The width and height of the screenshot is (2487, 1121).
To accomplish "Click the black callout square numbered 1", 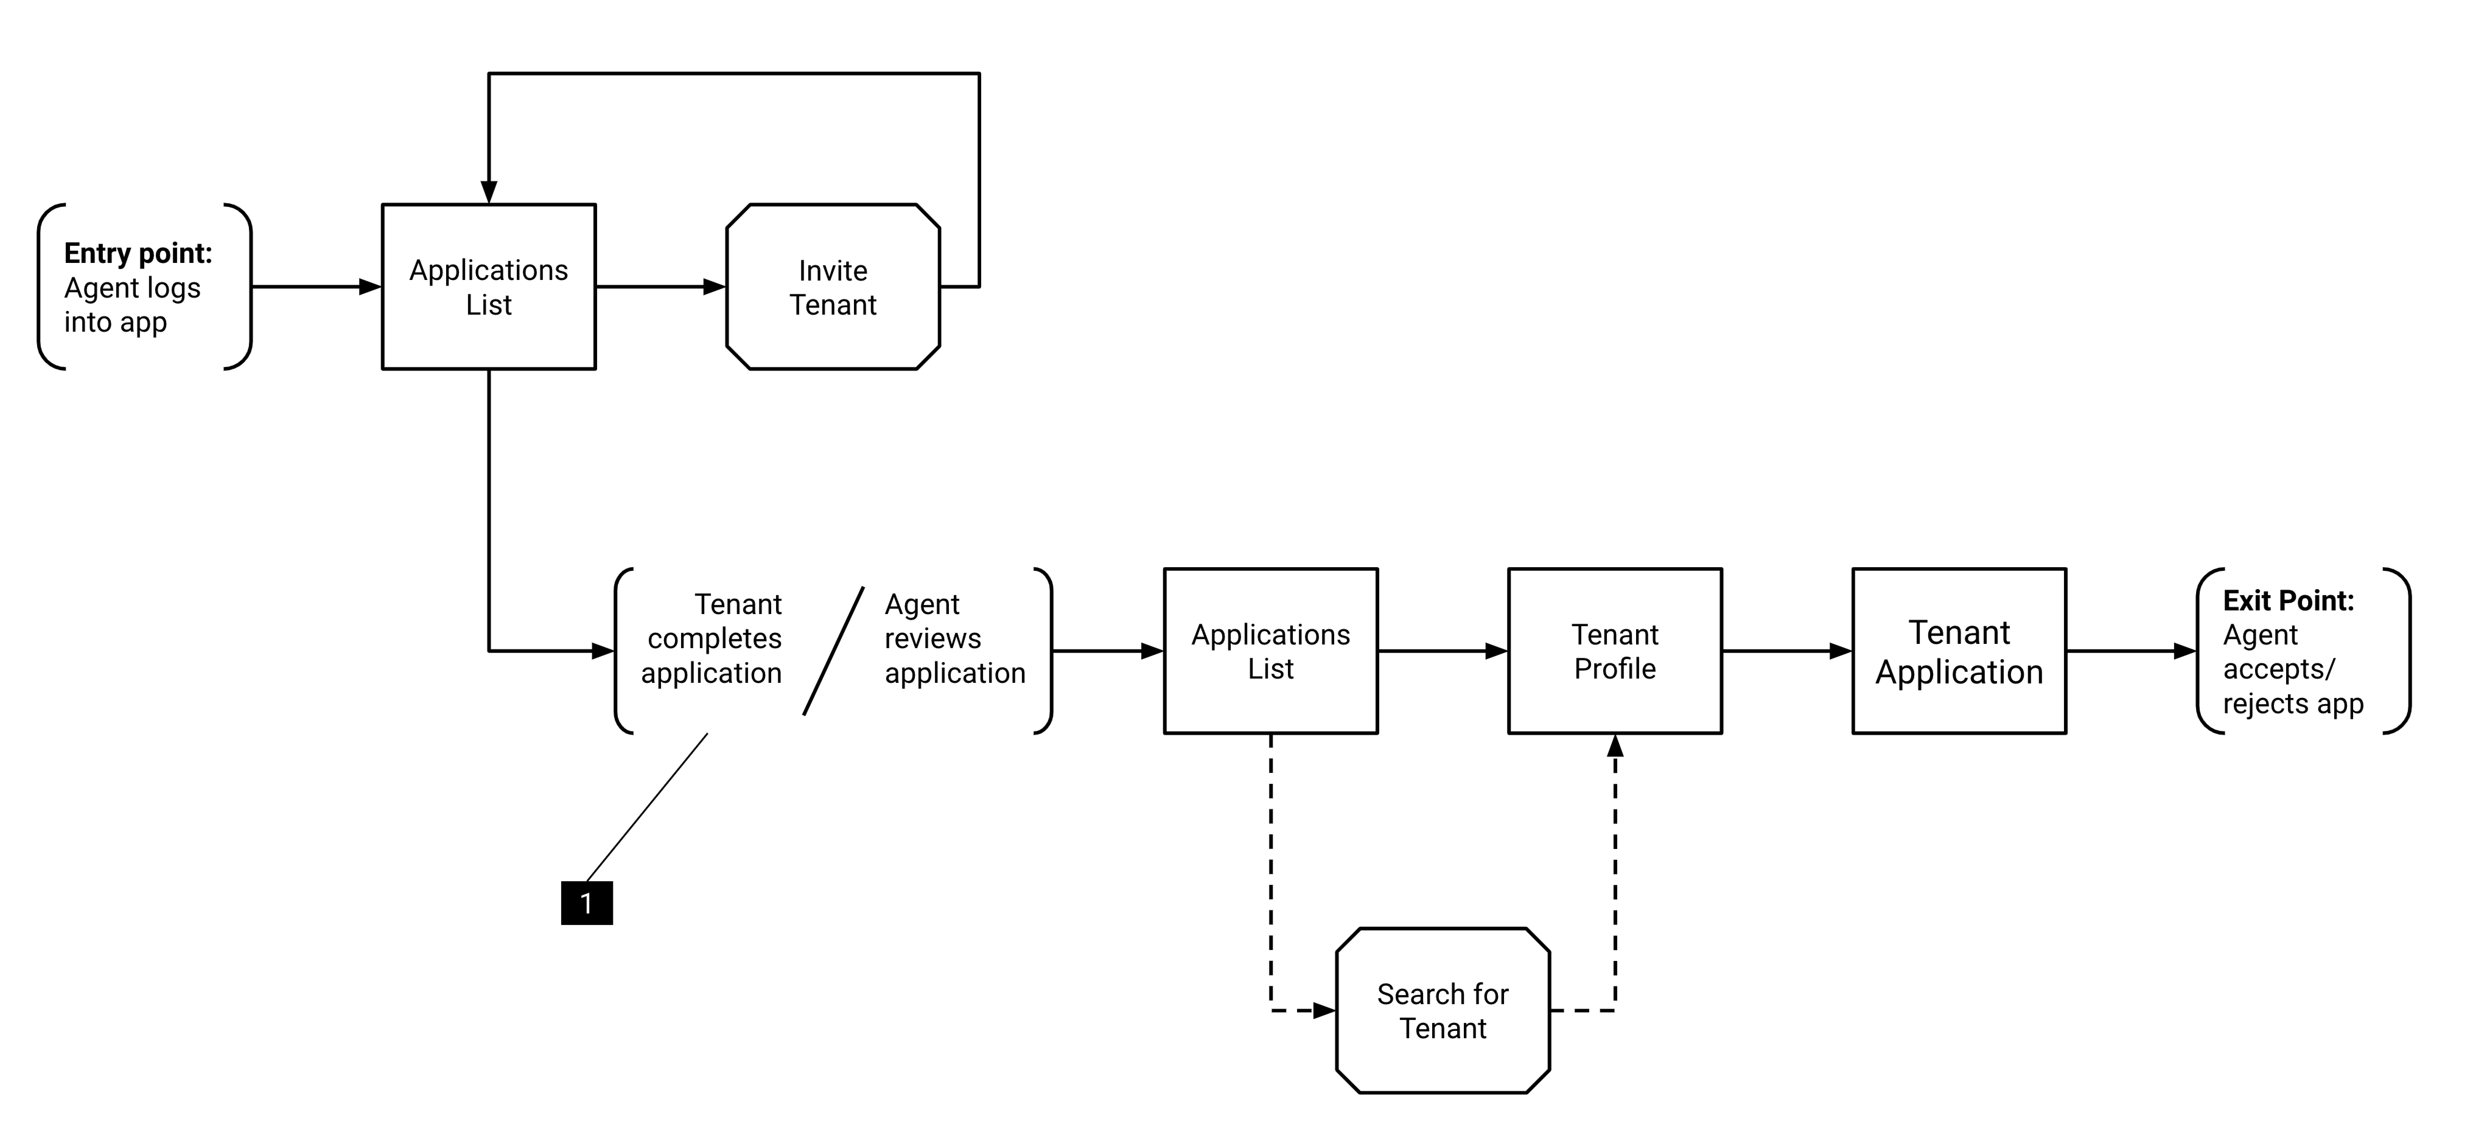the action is [x=587, y=903].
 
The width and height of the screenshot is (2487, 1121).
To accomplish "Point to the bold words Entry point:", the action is [x=138, y=253].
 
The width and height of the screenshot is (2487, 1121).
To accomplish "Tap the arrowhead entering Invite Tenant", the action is [x=715, y=287].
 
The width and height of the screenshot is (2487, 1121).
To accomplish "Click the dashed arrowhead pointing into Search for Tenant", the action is [x=1324, y=1011].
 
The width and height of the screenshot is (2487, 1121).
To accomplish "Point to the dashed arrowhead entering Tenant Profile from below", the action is [x=1615, y=746].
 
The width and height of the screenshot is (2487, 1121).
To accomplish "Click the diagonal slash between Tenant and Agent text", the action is [x=833, y=651].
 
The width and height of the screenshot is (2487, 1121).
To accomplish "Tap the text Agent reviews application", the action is [x=955, y=638].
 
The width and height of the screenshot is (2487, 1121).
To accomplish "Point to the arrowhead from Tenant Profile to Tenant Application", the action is [x=1840, y=651].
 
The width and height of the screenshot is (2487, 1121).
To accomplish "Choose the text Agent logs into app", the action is [x=132, y=304].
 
